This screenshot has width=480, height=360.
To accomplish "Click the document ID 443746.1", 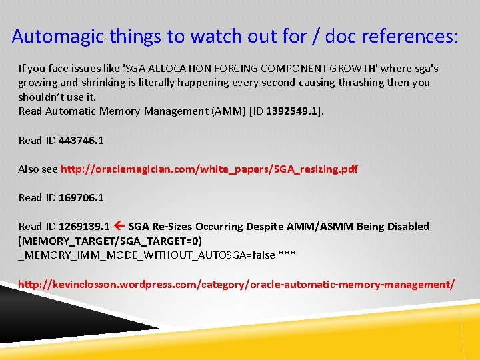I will pyautogui.click(x=81, y=140).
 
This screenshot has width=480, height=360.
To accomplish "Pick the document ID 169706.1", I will pyautogui.click(x=81, y=197).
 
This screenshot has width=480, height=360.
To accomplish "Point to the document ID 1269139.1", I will pyautogui.click(x=85, y=226).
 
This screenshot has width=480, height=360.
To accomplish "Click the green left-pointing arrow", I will pyautogui.click(x=119, y=226).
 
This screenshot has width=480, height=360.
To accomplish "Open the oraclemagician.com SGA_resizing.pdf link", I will pyautogui.click(x=209, y=169).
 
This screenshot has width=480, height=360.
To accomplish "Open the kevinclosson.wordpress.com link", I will pyautogui.click(x=237, y=284).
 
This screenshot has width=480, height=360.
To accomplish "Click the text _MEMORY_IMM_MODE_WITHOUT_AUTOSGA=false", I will pyautogui.click(x=140, y=255).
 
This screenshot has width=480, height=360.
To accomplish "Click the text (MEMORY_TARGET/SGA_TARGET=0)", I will pyautogui.click(x=110, y=240).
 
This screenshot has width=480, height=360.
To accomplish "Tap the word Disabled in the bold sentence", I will pyautogui.click(x=405, y=226).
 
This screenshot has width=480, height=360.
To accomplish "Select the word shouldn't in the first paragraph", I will pyautogui.click(x=42, y=97).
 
